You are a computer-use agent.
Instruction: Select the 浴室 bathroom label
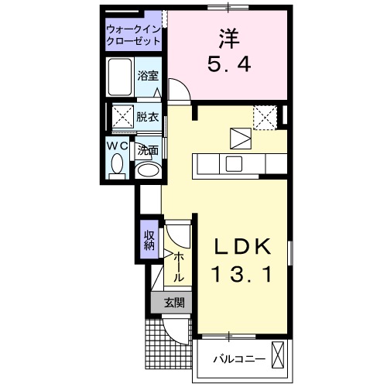click(148, 76)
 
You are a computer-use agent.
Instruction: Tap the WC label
click(118, 145)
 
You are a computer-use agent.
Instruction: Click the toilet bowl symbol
click(118, 163)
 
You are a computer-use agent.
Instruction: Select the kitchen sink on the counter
click(232, 163)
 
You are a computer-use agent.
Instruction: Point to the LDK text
click(241, 247)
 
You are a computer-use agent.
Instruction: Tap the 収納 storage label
click(148, 240)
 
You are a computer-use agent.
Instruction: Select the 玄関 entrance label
click(173, 303)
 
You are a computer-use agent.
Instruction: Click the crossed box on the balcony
click(279, 358)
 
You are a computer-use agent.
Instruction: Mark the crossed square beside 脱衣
click(122, 118)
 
